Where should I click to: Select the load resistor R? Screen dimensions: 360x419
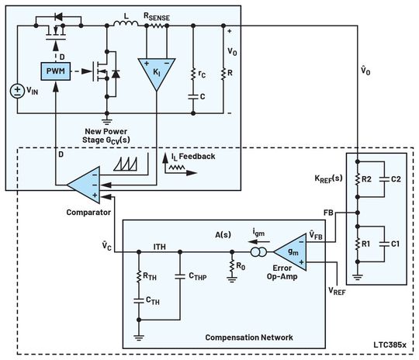(x=223, y=74)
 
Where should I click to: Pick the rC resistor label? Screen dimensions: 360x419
(x=204, y=74)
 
